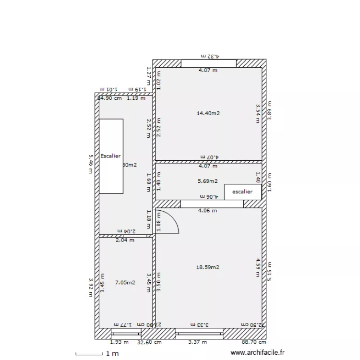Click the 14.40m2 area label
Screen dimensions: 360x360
tap(208, 113)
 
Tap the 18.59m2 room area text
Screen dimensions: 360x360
tap(208, 267)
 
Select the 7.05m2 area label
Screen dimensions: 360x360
tap(125, 283)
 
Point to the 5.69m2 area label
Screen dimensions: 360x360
tap(208, 181)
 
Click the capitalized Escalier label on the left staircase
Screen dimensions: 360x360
tap(110, 156)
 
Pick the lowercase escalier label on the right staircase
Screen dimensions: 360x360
tap(242, 192)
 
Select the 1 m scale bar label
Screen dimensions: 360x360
tap(112, 354)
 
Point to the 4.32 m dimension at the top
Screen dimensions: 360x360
tap(210, 56)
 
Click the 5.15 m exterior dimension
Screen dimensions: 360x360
tap(270, 272)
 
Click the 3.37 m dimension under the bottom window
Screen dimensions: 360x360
tap(198, 342)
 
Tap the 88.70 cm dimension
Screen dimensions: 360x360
tap(254, 342)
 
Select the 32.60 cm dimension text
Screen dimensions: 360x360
tap(149, 342)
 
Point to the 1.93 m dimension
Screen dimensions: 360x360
tap(120, 342)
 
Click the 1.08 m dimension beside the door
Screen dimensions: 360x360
tap(159, 221)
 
